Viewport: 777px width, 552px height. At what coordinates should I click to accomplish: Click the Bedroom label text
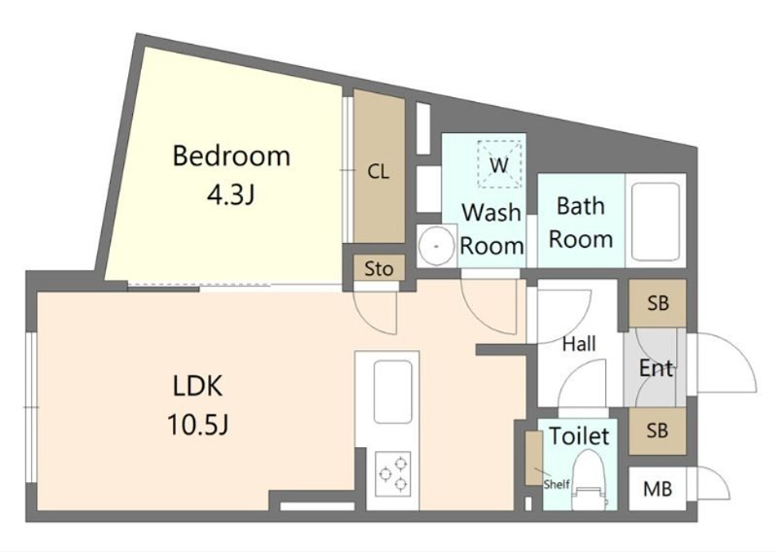coord(231,155)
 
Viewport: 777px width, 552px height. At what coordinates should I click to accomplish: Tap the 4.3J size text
coord(230,195)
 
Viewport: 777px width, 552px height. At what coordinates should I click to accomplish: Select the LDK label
coord(198,386)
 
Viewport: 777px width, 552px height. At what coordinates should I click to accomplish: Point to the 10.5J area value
coord(198,424)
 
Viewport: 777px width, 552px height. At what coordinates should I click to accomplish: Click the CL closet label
coord(378,172)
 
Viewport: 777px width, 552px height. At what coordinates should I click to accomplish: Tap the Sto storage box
coord(379,268)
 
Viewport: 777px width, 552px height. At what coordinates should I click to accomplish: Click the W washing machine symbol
coord(499,164)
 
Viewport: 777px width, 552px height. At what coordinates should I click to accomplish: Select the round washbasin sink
coord(436,246)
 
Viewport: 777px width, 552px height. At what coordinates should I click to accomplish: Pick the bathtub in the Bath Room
coord(655,222)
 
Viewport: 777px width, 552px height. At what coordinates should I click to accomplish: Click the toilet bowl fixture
coord(591,481)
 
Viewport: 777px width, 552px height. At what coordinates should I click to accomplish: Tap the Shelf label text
coord(557,484)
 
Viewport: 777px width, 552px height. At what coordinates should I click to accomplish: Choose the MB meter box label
coord(658,490)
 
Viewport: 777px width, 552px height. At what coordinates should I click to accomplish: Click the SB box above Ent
coord(658,302)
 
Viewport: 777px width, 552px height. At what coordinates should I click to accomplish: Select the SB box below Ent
coord(658,431)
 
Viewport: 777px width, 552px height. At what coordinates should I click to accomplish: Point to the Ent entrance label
coord(657,368)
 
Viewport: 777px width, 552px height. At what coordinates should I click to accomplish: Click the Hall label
coord(579,344)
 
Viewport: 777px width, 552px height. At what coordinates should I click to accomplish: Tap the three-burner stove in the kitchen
coord(393,473)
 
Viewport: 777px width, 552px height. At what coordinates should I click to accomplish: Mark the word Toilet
coord(579,436)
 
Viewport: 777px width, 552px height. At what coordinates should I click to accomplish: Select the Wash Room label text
coord(491,229)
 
